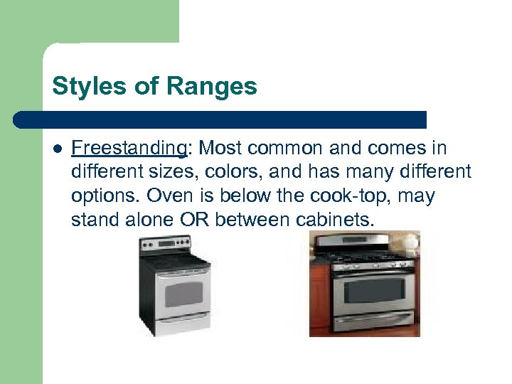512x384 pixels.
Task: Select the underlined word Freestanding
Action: click(129, 148)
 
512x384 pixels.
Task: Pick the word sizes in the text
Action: click(154, 172)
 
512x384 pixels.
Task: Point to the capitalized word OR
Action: click(193, 220)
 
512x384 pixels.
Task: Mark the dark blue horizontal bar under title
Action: click(220, 119)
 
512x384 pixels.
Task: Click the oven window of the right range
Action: click(373, 290)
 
